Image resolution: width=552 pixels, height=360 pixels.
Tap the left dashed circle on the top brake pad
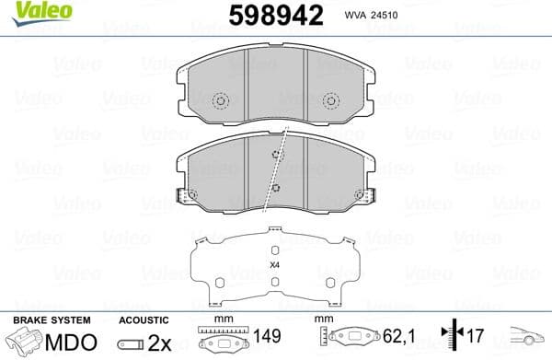[220, 102]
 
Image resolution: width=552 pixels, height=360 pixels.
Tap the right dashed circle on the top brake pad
[332, 102]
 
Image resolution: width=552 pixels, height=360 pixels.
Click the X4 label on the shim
[274, 265]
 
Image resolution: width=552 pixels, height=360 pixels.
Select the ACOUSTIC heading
[144, 319]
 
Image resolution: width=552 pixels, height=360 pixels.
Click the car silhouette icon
[528, 341]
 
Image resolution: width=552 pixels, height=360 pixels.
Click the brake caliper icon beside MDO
[28, 343]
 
